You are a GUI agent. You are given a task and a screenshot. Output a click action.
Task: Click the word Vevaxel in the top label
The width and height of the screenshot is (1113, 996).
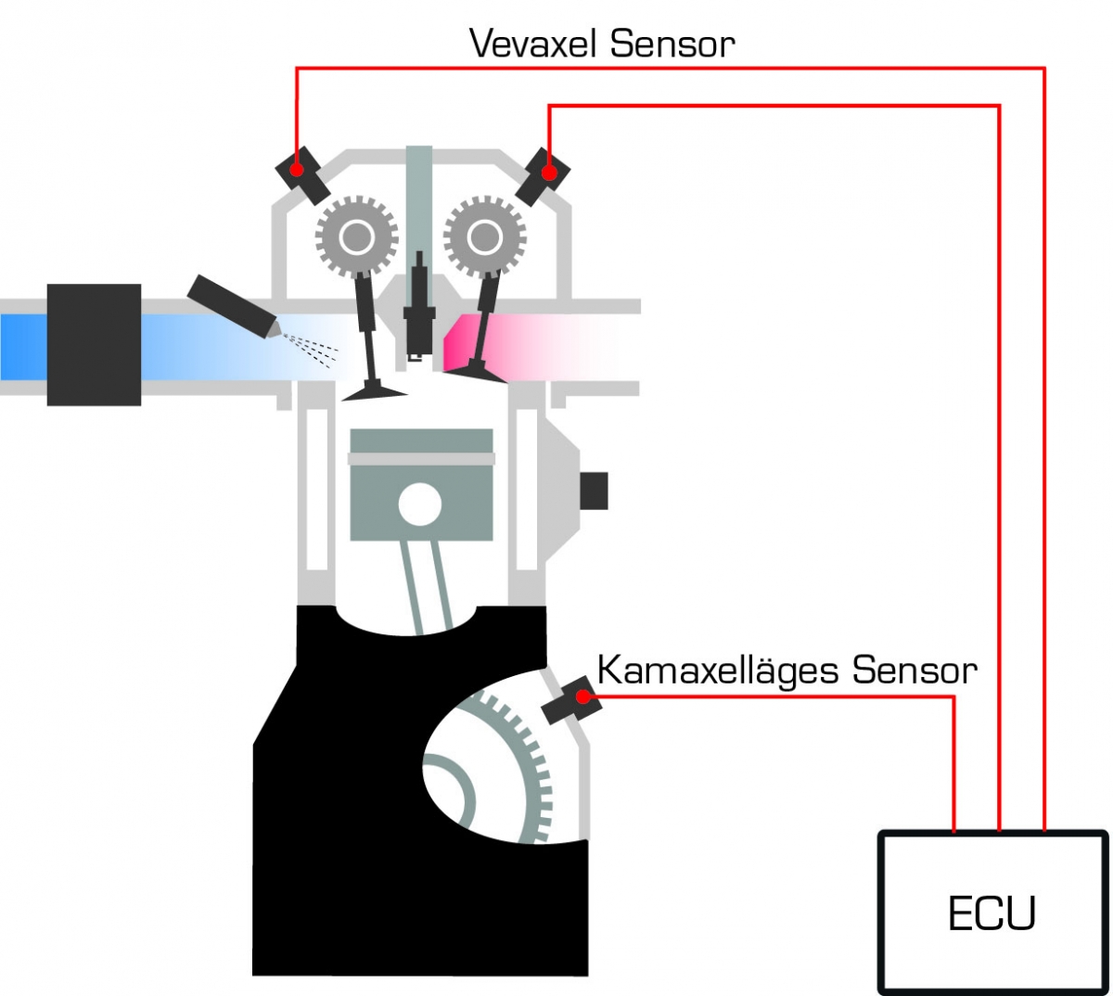coord(535,44)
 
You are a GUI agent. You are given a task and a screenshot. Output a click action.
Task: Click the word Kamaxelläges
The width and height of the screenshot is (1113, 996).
coord(720,670)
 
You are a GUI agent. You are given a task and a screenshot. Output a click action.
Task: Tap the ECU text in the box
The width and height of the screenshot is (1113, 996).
coord(991,914)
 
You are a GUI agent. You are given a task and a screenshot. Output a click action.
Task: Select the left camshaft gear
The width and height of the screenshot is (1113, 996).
coord(356,237)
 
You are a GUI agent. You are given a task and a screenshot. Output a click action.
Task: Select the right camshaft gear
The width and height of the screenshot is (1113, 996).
coord(484,237)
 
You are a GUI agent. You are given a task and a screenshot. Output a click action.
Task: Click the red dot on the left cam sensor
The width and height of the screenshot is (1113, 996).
coord(297,170)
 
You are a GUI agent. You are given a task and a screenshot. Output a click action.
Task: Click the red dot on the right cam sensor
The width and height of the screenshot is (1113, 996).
coord(549,172)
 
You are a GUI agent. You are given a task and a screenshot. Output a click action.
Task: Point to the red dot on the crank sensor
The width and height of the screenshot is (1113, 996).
coord(582,696)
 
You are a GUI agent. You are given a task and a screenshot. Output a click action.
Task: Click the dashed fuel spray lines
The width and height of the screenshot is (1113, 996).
coord(311,349)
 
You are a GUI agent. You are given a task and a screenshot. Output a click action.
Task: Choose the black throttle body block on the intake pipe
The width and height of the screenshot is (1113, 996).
coord(94,344)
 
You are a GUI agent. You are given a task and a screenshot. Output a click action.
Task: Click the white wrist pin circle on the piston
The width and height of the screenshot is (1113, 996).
coord(420,504)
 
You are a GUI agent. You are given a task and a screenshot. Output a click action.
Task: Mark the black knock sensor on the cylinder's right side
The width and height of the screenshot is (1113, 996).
coord(594,491)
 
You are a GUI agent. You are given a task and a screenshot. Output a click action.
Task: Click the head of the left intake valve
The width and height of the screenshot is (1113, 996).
coord(374,393)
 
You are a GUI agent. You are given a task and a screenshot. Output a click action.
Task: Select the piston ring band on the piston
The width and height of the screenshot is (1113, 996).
coord(421,458)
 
